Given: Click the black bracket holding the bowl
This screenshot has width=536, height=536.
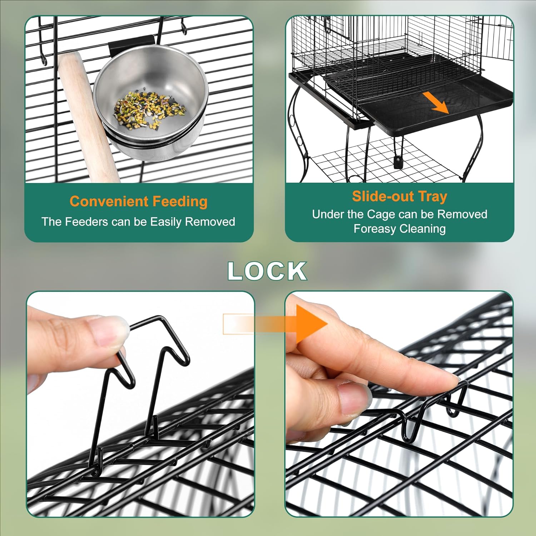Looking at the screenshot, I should [x=132, y=43].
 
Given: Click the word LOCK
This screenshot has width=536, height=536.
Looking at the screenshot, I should [x=267, y=271].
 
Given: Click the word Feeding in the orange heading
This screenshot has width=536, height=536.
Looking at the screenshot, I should [x=180, y=202].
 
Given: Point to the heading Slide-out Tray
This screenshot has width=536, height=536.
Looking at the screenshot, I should [x=399, y=197].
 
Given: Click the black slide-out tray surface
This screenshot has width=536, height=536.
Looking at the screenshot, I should [x=422, y=114].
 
